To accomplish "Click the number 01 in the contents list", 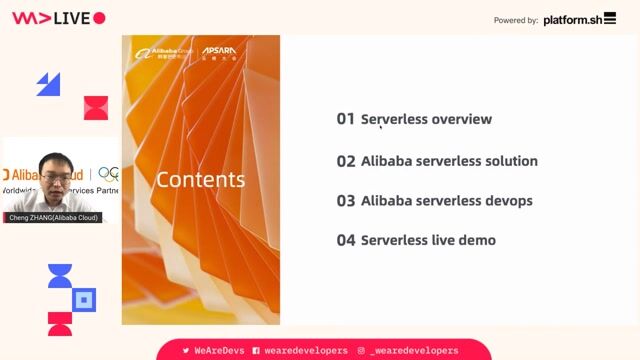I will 345,119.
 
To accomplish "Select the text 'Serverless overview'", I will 426,119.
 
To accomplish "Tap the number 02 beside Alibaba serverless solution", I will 346,161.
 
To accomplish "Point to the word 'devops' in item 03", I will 509,201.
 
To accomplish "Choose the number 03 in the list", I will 346,201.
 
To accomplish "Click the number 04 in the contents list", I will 346,240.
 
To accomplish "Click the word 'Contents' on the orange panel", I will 200,180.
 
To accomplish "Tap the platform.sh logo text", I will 580,19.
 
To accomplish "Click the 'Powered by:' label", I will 516,20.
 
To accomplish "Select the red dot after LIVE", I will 99,18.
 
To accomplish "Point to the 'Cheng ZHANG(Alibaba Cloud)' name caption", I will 53,217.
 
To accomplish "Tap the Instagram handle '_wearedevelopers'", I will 414,351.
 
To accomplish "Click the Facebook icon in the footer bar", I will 257,351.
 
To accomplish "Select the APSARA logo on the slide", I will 218,49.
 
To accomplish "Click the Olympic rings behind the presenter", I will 108,174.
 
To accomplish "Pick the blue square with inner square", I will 85,298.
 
